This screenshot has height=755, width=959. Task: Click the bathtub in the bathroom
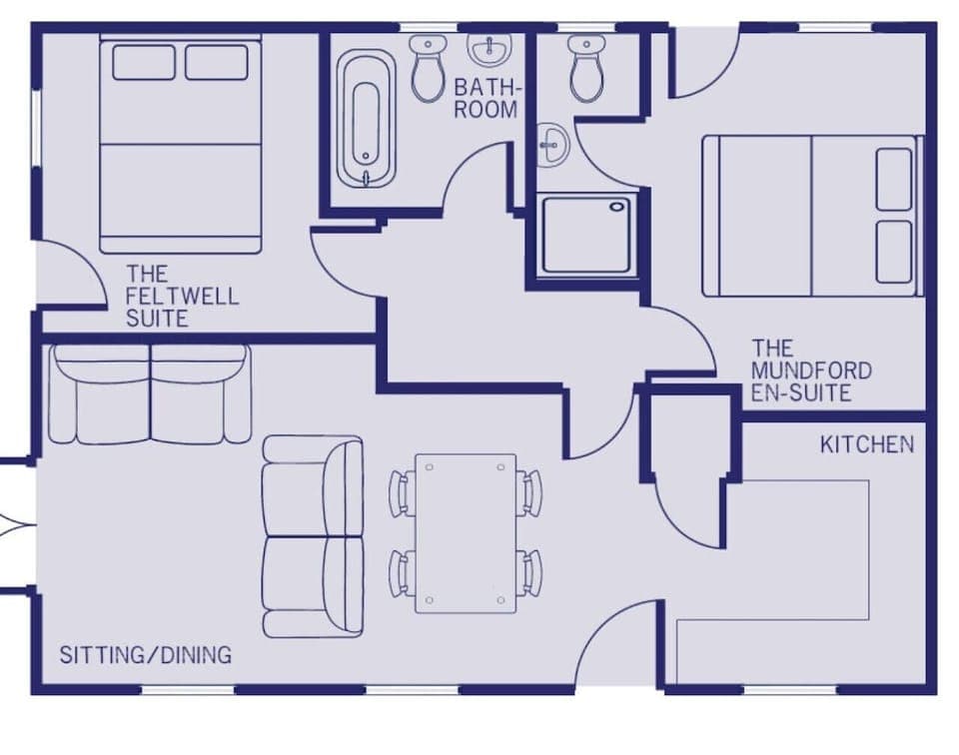pos(366,120)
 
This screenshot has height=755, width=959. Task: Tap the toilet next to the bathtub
pos(428,67)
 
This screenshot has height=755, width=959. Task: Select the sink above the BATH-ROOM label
pos(489,49)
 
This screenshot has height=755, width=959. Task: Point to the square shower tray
pos(588,235)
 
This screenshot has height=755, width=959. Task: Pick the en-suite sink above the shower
pos(551,145)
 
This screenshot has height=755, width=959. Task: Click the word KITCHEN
pos(866,444)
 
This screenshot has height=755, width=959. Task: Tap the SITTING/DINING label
pos(146,656)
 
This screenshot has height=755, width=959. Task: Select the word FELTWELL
pos(183,297)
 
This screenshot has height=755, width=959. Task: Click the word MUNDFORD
pos(811,372)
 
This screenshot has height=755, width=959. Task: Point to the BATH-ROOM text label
pos(486,98)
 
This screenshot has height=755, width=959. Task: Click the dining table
pos(466,533)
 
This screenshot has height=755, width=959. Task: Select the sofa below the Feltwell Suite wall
pos(151,394)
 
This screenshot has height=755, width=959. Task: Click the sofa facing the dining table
pos(313,536)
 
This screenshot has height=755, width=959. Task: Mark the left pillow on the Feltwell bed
pos(144,62)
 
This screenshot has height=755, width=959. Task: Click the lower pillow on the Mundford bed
pos(894,252)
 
